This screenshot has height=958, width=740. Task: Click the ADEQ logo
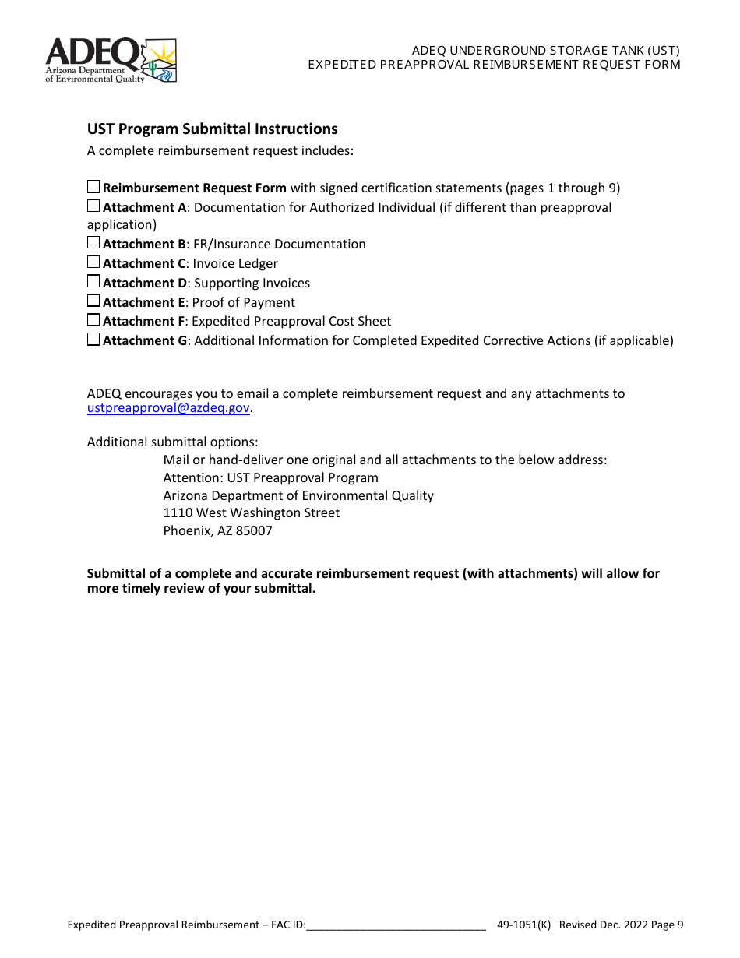111,61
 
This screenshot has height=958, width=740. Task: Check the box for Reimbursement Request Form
93,187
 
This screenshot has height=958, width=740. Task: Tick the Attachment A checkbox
93,206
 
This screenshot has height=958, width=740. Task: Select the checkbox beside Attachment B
93,243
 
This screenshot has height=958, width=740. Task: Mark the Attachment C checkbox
93,262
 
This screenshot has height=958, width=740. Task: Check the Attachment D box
93,282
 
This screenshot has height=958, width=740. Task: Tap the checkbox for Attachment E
93,301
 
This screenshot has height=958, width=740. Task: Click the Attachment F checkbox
93,320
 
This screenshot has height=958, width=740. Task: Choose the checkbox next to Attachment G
93,340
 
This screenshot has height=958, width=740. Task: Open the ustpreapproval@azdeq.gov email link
168,408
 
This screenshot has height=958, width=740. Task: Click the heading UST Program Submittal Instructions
212,129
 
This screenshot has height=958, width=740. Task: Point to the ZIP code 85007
254,531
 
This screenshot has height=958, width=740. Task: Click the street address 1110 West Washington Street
251,513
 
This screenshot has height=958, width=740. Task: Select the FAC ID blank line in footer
396,925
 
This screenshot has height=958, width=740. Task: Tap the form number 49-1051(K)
523,925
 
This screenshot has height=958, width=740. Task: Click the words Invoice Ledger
235,263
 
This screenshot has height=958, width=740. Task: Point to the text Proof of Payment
244,302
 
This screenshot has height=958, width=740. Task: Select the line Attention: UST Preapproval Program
270,477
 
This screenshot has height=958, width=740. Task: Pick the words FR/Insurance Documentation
279,244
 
